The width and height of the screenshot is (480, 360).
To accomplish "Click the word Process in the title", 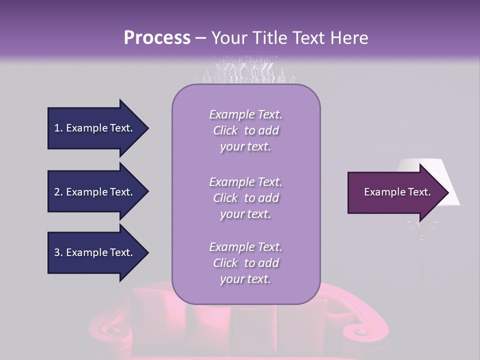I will pos(157,38).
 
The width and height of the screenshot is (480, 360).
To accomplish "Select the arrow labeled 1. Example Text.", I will pos(95,128).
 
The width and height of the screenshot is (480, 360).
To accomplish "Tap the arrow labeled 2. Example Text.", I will pos(95,192).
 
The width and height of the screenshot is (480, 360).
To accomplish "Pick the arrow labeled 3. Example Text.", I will pos(95,252).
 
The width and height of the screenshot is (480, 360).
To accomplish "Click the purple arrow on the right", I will pos(395,192).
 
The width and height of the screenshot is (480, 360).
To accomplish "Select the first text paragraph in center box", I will pos(245,130).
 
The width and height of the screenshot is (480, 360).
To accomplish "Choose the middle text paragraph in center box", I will pos(245,198).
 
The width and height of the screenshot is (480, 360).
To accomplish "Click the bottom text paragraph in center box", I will pos(245,263).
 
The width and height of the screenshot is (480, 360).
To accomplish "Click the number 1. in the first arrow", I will pos(58,128).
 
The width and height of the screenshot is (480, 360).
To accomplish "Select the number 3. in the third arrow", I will pos(58,252).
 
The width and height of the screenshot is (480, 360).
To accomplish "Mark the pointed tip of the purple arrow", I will pos(448,192).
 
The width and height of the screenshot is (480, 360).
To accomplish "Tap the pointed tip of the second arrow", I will pos(147,192).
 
